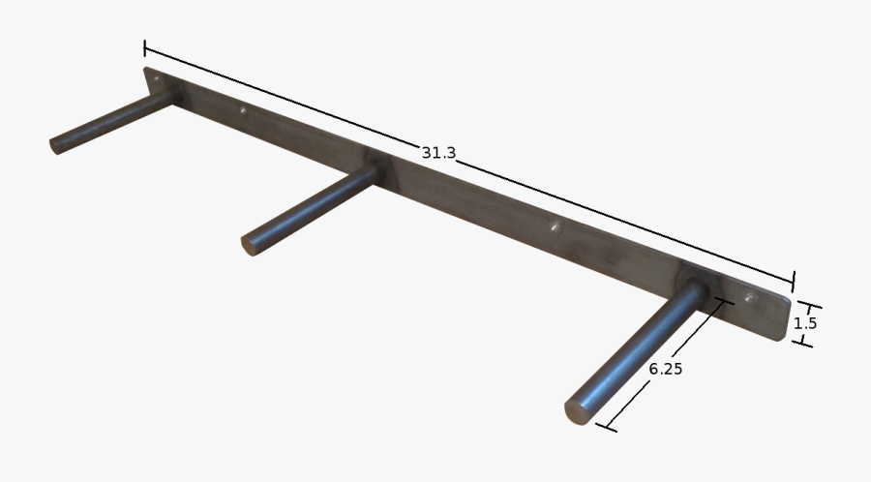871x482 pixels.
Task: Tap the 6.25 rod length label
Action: (x=666, y=369)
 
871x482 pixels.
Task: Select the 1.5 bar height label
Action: (x=805, y=324)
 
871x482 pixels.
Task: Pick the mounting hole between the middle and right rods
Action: (x=555, y=228)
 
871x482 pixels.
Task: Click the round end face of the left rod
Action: (x=55, y=146)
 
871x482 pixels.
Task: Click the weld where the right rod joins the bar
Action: (x=697, y=288)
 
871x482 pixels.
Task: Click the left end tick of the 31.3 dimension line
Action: (x=145, y=47)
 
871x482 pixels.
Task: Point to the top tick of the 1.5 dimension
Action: (x=802, y=303)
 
